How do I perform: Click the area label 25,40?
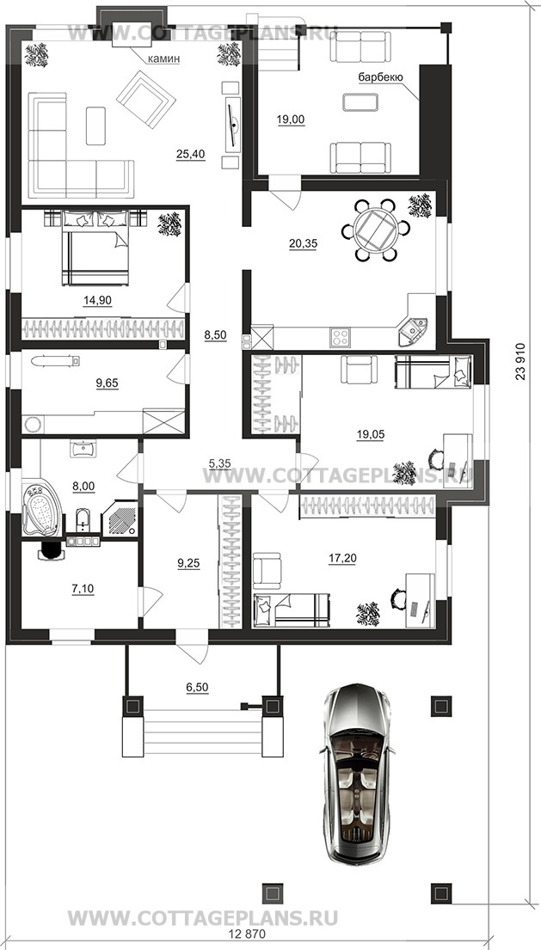(x=191, y=155)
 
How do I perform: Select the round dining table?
(x=375, y=230)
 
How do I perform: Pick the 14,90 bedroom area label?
(x=97, y=300)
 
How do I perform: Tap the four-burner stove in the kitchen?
(x=341, y=338)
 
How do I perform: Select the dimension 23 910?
(x=520, y=361)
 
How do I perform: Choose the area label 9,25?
(x=188, y=563)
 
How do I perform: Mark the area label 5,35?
(x=220, y=464)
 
